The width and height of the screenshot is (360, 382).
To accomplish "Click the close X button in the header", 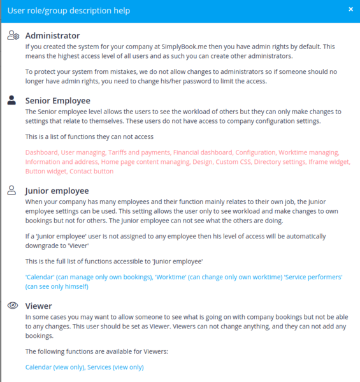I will pyautogui.click(x=350, y=10).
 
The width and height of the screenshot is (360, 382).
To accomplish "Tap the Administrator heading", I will pyautogui.click(x=52, y=36).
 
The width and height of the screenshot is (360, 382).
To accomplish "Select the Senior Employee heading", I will pyautogui.click(x=57, y=100).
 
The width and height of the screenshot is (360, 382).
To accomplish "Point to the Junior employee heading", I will pyautogui.click(x=57, y=190).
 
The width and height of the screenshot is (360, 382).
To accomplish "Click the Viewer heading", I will pyautogui.click(x=38, y=305).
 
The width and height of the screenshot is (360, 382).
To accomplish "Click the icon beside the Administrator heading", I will pyautogui.click(x=13, y=36).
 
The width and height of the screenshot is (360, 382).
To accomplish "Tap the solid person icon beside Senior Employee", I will pyautogui.click(x=12, y=100).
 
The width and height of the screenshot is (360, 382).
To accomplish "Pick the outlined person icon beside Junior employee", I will pyautogui.click(x=12, y=190).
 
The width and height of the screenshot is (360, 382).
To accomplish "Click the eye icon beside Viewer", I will pyautogui.click(x=12, y=305).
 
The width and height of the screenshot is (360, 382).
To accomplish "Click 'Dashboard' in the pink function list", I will pyautogui.click(x=41, y=152).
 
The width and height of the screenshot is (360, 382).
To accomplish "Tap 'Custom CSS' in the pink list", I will pyautogui.click(x=231, y=162).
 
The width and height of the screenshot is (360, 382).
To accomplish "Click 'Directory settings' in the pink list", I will pyautogui.click(x=278, y=162).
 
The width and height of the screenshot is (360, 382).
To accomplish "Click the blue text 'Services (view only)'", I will pyautogui.click(x=115, y=367).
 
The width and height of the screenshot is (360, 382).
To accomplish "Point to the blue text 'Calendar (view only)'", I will pyautogui.click(x=55, y=367).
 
